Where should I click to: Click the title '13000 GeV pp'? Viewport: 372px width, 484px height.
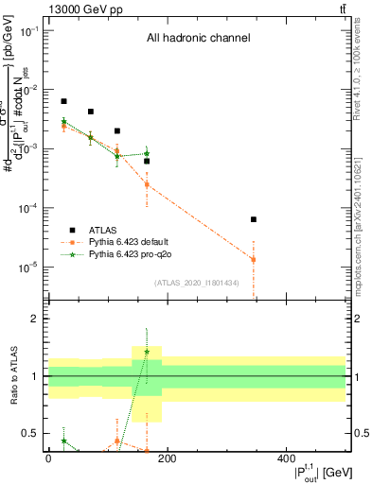pyautogui.click(x=77, y=9)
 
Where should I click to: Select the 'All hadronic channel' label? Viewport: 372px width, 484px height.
pyautogui.click(x=198, y=39)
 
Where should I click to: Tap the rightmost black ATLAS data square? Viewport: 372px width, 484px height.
pyautogui.click(x=254, y=219)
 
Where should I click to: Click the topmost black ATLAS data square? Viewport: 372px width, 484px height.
pyautogui.click(x=63, y=101)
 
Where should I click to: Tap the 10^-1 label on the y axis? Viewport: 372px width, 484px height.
pyautogui.click(x=29, y=31)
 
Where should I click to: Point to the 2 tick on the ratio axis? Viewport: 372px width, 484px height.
pyautogui.click(x=36, y=319)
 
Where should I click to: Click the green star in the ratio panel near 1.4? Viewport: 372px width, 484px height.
pyautogui.click(x=147, y=352)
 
